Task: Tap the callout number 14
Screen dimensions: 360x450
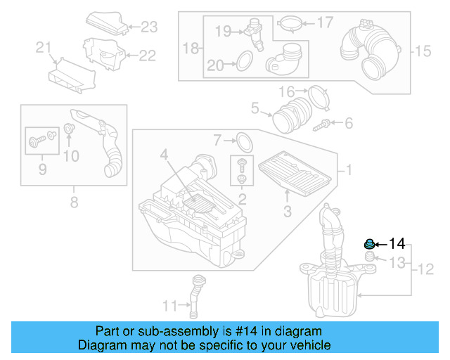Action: pyautogui.click(x=397, y=244)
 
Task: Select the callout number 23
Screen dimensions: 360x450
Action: pyautogui.click(x=149, y=27)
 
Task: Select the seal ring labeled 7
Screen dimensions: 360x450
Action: pyautogui.click(x=243, y=141)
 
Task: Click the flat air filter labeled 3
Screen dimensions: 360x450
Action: pyautogui.click(x=292, y=173)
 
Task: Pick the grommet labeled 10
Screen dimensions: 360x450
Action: pyautogui.click(x=70, y=129)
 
